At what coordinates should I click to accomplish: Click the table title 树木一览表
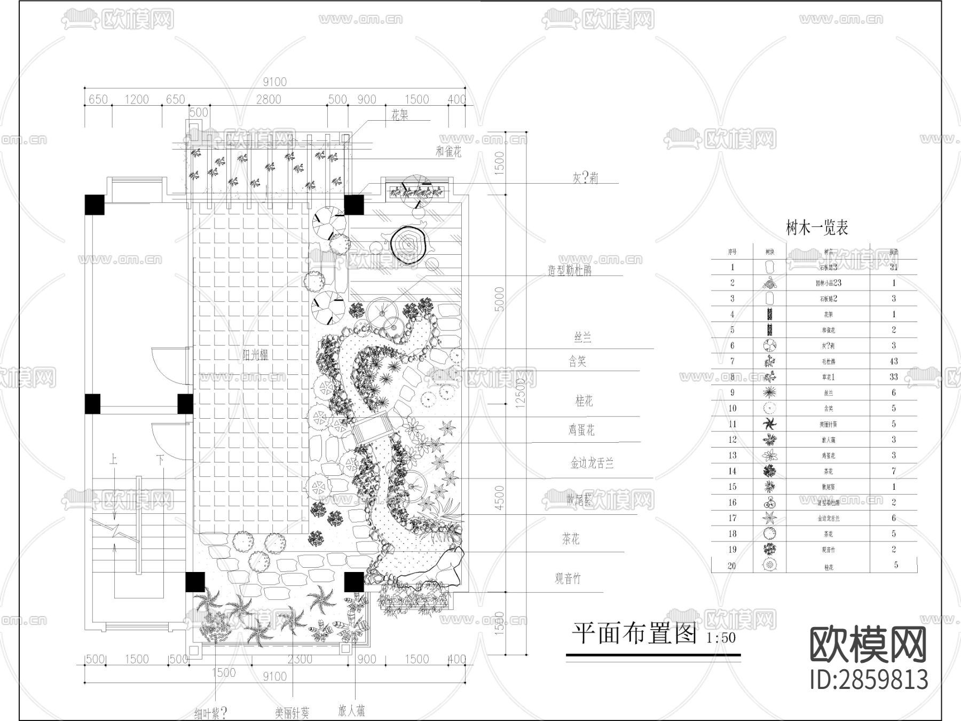click(817, 228)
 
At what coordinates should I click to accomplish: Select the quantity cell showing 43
click(894, 361)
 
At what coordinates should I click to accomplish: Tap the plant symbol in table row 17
click(769, 518)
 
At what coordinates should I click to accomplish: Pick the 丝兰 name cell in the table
click(828, 393)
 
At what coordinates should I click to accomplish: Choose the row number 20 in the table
click(732, 566)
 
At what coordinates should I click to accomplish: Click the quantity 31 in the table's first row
click(894, 267)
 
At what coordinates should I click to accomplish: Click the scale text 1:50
click(721, 638)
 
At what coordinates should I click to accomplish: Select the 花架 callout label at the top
click(400, 115)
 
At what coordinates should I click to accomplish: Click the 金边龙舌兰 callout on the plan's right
click(592, 463)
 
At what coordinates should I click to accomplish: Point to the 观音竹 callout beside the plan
click(568, 578)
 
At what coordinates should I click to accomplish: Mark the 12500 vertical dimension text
click(520, 393)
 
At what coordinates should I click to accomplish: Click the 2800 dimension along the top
click(268, 99)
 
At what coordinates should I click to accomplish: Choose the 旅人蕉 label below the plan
click(352, 711)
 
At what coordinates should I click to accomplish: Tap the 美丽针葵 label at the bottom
click(292, 712)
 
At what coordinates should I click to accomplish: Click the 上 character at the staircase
click(113, 459)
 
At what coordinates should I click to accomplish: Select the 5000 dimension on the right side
click(499, 300)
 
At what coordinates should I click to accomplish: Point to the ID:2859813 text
click(869, 680)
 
